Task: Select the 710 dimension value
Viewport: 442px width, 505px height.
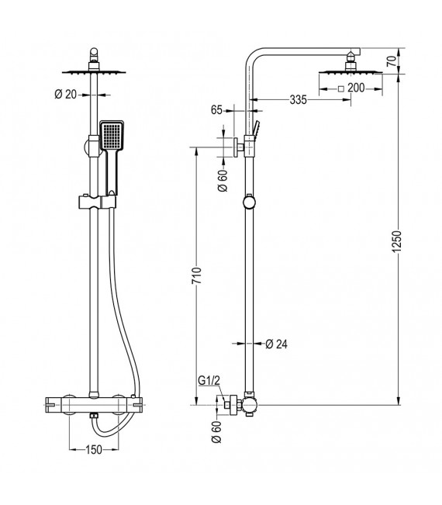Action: pos(198,277)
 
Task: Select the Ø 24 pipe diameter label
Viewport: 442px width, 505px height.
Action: pos(276,344)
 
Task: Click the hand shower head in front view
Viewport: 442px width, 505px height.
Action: pos(111,137)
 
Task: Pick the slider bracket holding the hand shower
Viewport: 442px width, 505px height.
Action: pos(96,202)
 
